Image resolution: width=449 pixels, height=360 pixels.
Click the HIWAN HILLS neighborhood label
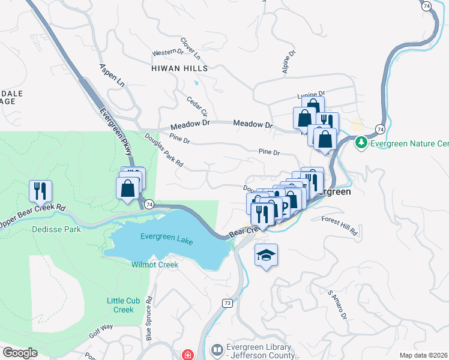pyautogui.click(x=179, y=68)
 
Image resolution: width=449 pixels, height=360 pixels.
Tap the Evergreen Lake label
pyautogui.click(x=167, y=237)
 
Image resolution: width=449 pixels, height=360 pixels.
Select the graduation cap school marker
pyautogui.click(x=267, y=256)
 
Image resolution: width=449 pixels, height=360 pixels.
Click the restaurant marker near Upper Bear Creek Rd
pyautogui.click(x=40, y=191)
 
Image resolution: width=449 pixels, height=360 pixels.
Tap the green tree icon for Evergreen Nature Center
pyautogui.click(x=361, y=143)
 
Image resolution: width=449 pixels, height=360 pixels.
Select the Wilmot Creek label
pyautogui.click(x=155, y=265)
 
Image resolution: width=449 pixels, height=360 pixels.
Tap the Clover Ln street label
pyautogui.click(x=190, y=49)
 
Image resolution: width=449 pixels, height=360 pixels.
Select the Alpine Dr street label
pyautogui.click(x=289, y=62)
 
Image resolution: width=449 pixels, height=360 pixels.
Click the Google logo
pyautogui.click(x=20, y=353)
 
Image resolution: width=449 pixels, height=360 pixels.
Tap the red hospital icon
pyautogui.click(x=188, y=355)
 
